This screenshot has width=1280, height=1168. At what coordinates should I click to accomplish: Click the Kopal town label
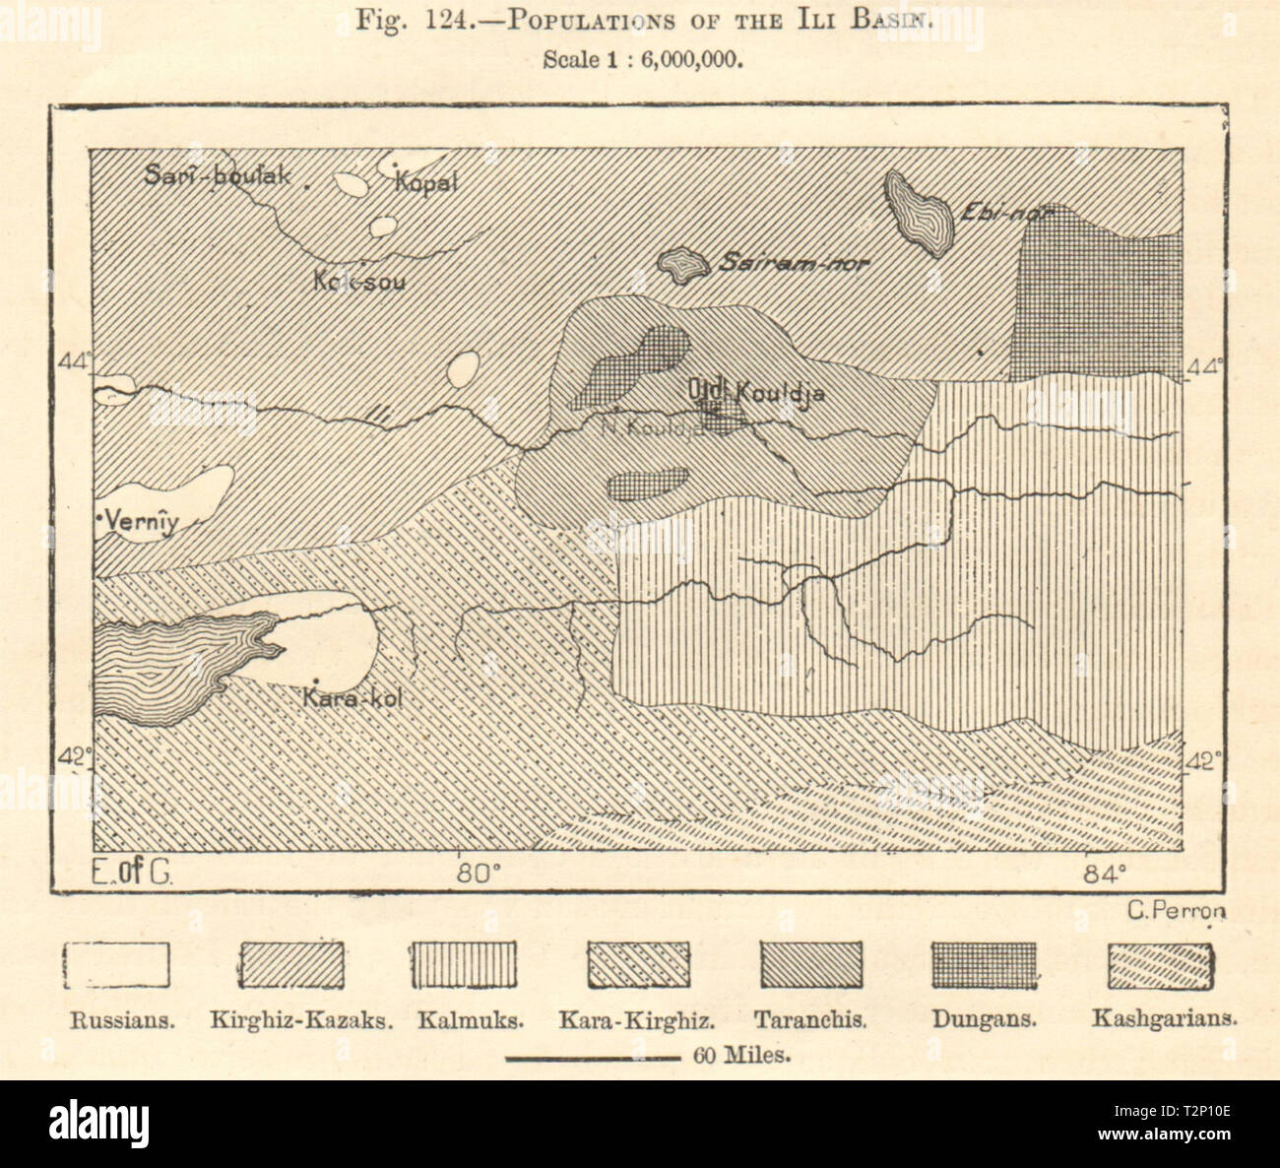pyautogui.click(x=426, y=182)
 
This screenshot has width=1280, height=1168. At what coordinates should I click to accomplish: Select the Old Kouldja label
pyautogui.click(x=756, y=392)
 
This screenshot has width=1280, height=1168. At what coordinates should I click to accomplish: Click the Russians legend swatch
pyautogui.click(x=118, y=965)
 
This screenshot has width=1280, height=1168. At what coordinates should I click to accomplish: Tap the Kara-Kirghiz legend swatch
pyautogui.click(x=638, y=965)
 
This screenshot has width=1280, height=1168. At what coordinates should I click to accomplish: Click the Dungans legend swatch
pyautogui.click(x=985, y=965)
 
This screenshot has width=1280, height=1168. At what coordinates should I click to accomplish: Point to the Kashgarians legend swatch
pyautogui.click(x=1160, y=965)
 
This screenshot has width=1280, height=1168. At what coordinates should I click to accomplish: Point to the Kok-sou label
pyautogui.click(x=359, y=281)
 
